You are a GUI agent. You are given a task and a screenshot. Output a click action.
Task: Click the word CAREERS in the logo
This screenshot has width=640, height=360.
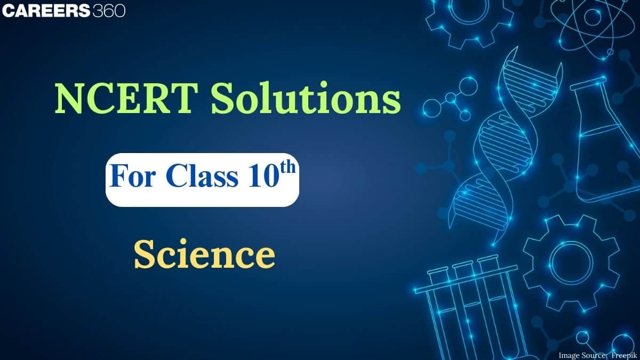(46, 11)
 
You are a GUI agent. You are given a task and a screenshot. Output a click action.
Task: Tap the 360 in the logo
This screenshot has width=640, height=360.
(109, 11)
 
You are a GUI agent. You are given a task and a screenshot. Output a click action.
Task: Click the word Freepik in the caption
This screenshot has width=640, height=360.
(621, 354)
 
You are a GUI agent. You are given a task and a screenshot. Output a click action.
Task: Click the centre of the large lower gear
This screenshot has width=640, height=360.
(571, 261)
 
